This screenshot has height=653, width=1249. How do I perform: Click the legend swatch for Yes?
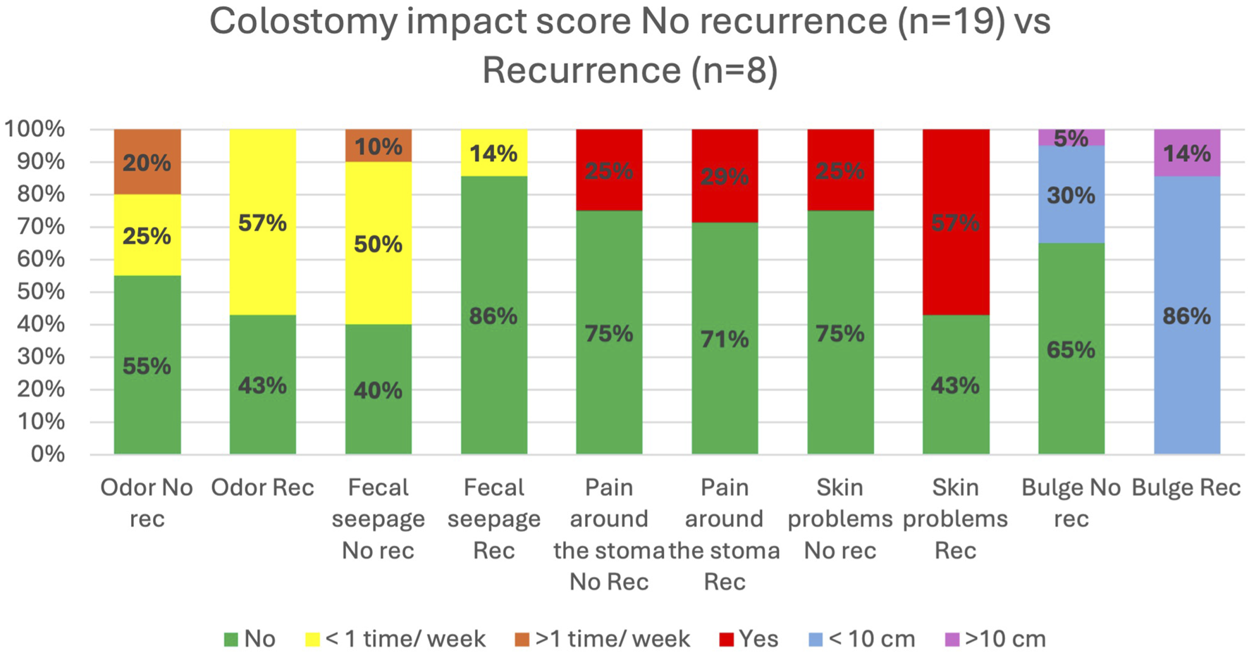click(726, 640)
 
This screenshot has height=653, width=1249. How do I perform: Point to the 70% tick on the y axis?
click(40, 227)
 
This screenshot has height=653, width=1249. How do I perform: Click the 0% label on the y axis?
click(47, 454)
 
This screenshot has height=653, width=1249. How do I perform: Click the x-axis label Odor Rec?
click(262, 487)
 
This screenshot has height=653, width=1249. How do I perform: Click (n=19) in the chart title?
click(950, 21)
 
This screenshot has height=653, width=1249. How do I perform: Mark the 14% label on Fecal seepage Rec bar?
click(493, 154)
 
